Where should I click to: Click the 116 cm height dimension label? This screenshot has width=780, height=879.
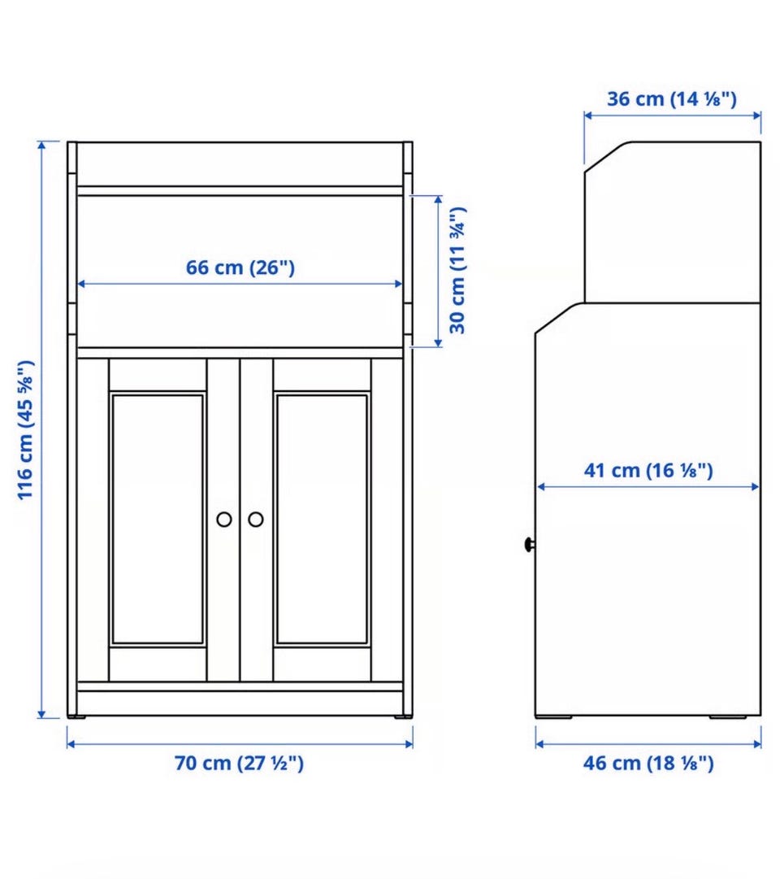[x=26, y=430]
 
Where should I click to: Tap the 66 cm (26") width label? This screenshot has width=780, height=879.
[x=240, y=268]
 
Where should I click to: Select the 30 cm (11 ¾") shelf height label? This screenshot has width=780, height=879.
[x=457, y=270]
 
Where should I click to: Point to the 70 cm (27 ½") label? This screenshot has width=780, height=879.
[x=239, y=763]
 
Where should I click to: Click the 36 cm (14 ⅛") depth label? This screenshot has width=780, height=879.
[x=672, y=98]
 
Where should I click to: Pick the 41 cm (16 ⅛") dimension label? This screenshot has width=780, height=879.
[x=648, y=470]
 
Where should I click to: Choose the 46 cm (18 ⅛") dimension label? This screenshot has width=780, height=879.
[x=648, y=763]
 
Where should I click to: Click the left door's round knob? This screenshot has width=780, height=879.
[x=224, y=520]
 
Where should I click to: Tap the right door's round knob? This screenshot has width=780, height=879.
[x=255, y=520]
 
